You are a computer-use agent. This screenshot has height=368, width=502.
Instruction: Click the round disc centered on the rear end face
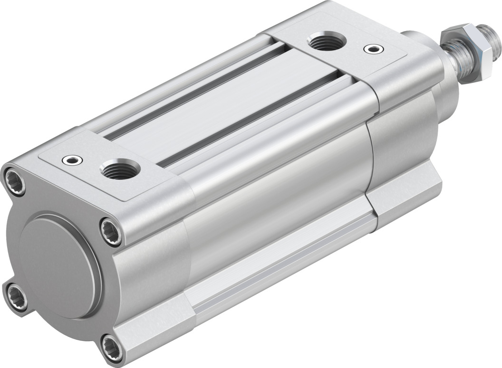pyautogui.click(x=59, y=265)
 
